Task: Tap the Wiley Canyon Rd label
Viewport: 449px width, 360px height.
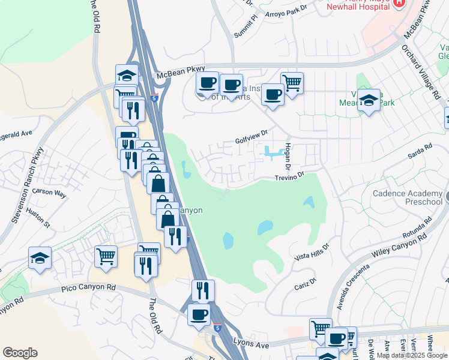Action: point(399,245)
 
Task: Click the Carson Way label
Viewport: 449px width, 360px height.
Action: point(49,193)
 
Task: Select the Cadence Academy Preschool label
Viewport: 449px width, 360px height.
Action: point(408,197)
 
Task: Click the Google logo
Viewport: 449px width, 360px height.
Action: point(20,353)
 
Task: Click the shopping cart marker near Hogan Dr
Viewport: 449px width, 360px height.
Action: point(292,83)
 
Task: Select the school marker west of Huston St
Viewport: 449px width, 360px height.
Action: point(40,259)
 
